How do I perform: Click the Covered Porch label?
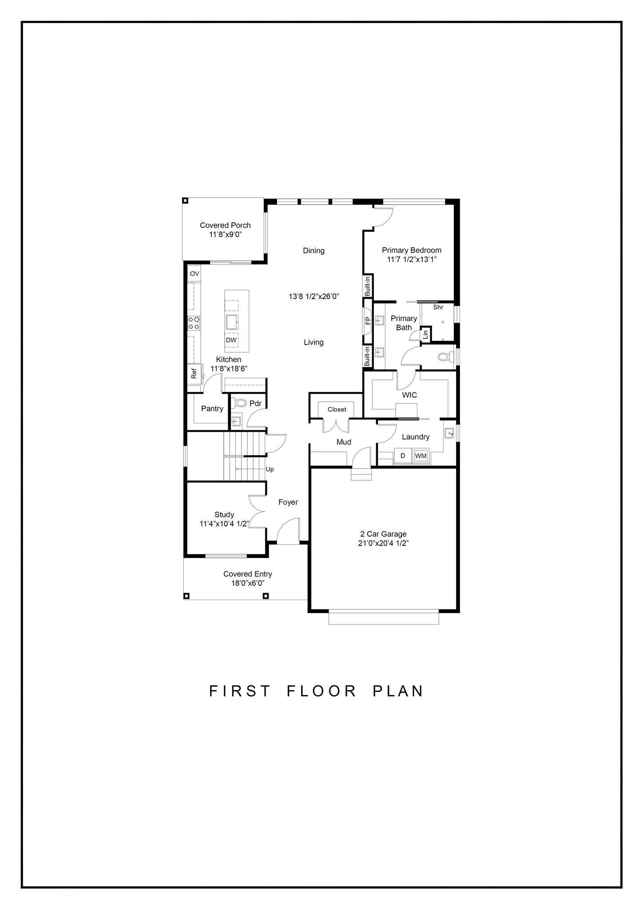(x=225, y=225)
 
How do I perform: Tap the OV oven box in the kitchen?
(x=194, y=274)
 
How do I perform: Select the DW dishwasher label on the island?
(x=231, y=340)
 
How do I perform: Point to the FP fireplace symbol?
(x=368, y=320)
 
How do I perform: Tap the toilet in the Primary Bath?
(x=445, y=356)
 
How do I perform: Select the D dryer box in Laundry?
(x=403, y=455)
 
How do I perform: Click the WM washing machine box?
(x=420, y=455)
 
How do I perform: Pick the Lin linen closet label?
(x=425, y=334)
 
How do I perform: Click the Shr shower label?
(x=438, y=307)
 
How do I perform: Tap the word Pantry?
(x=212, y=408)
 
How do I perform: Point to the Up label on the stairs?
(x=270, y=469)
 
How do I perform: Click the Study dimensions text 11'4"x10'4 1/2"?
(x=224, y=524)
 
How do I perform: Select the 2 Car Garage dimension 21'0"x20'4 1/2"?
(x=383, y=543)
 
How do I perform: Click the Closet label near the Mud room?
(x=337, y=409)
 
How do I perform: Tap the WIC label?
(x=409, y=395)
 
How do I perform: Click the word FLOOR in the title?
(x=322, y=691)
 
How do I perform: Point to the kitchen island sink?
(x=232, y=320)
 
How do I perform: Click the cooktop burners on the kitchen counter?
(x=194, y=323)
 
